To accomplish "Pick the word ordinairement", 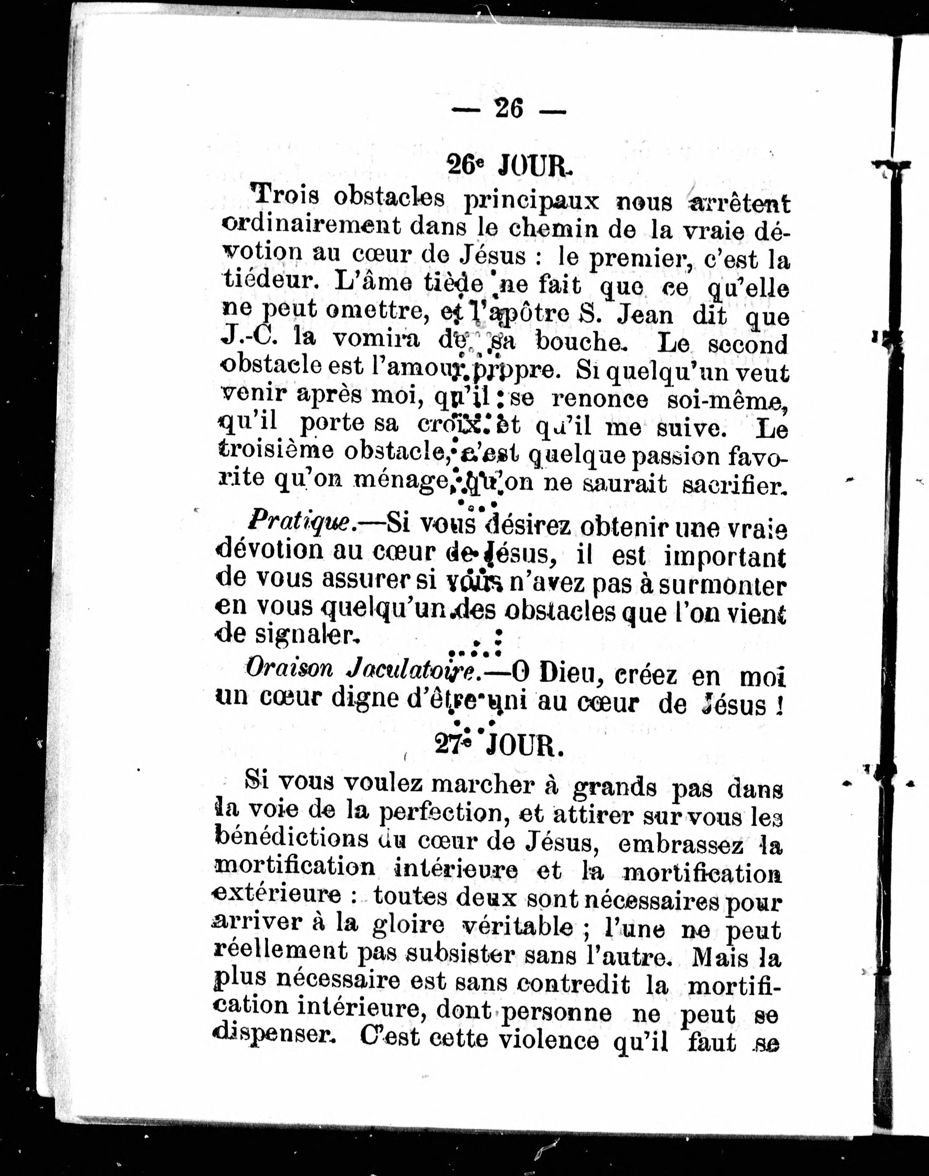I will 311,225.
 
